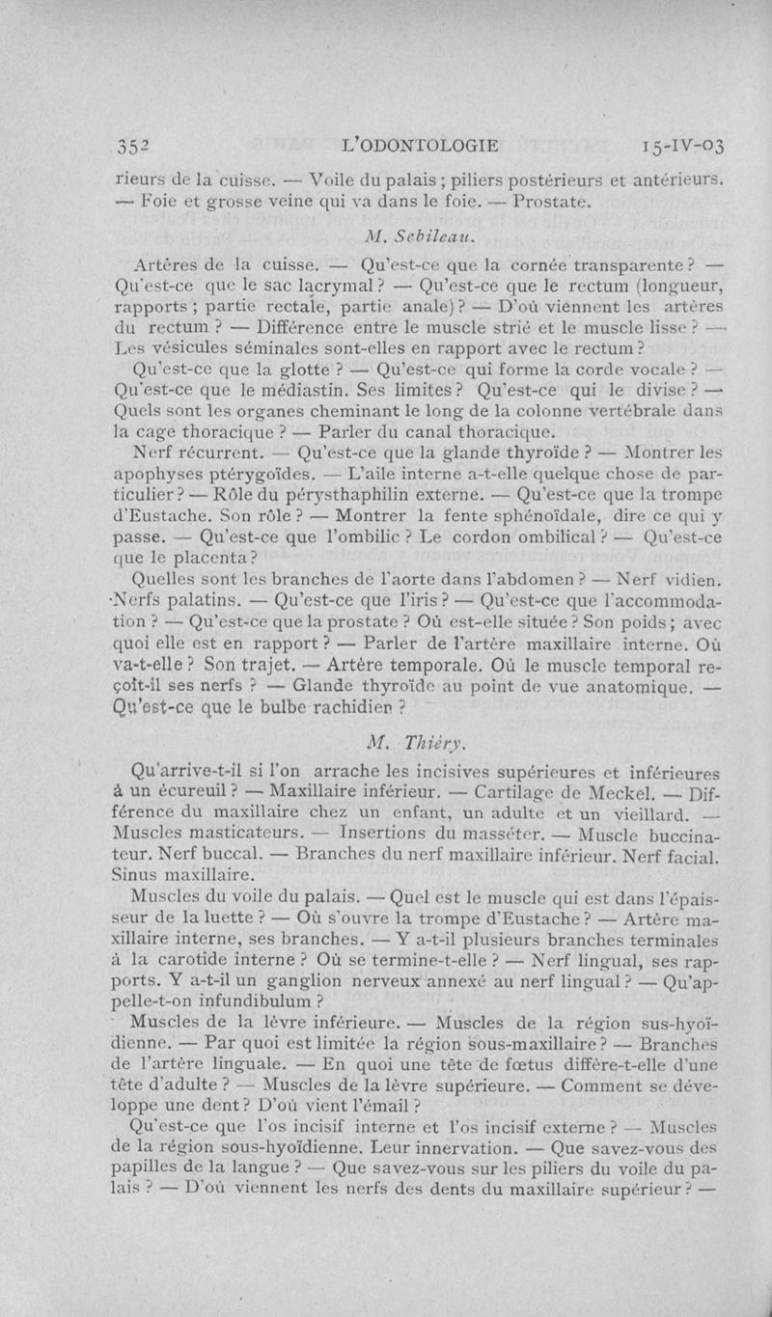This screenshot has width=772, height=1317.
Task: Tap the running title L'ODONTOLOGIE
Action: pos(420,147)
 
